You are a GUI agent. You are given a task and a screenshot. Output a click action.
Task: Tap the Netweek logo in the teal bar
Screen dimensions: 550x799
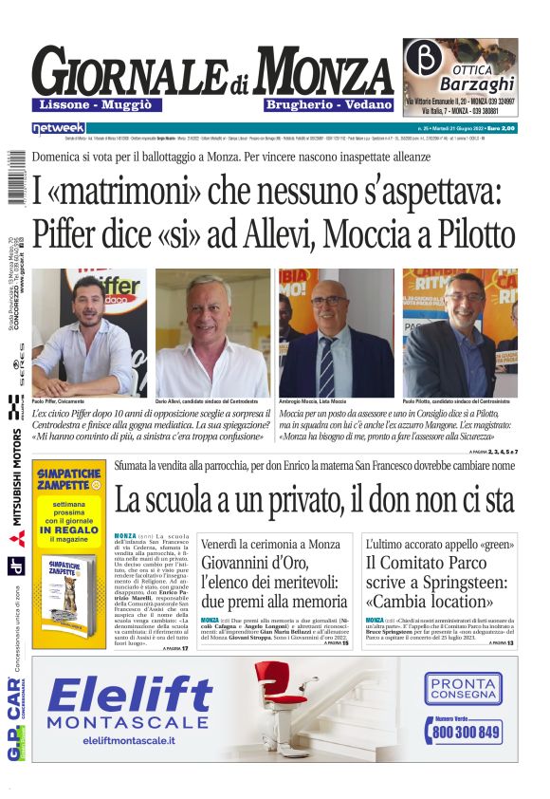[x=58, y=127]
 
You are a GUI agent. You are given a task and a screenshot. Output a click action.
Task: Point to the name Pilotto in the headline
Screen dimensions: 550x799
[x=465, y=232]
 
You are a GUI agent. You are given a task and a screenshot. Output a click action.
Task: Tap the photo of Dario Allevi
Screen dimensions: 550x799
[x=212, y=332]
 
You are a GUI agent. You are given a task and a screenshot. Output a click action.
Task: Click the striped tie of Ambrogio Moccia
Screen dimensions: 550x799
[x=327, y=365]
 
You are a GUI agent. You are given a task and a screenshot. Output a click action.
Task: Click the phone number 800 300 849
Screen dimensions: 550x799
[x=465, y=732]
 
